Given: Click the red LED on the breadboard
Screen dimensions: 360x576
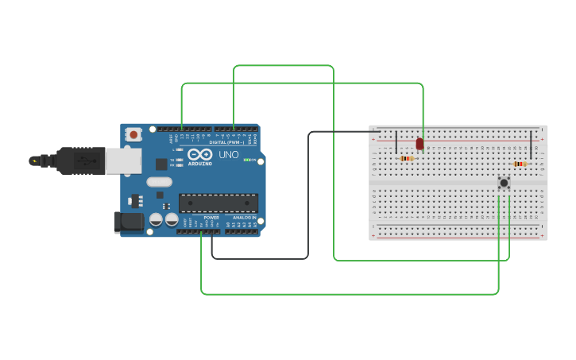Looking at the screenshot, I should [419, 144].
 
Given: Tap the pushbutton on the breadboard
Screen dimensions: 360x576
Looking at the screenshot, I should [504, 184].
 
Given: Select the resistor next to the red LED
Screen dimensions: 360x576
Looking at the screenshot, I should [407, 158].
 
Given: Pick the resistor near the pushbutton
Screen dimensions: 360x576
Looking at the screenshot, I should [520, 164].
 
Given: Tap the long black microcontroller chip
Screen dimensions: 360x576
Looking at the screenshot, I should [218, 203].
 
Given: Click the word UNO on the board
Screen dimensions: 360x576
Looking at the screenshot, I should [228, 154].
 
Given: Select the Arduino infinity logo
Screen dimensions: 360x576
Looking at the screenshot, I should [200, 153].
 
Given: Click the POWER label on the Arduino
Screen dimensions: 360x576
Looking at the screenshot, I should [211, 217].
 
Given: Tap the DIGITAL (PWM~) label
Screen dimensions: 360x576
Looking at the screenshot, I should [226, 142].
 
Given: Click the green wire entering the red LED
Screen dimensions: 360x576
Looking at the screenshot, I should [423, 111].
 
